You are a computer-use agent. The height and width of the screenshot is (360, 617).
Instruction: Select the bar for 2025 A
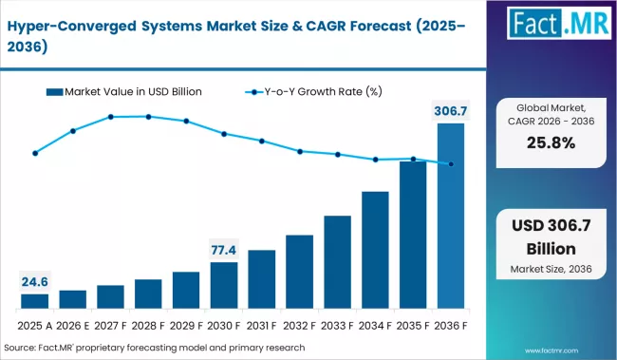(35, 301)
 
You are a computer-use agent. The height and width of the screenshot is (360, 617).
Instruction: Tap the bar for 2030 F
(224, 286)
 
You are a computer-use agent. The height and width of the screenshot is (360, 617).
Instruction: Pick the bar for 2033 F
(338, 262)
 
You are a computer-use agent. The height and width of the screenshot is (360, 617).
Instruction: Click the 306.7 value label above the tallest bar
(451, 111)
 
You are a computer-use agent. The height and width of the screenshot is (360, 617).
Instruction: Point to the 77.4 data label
(224, 250)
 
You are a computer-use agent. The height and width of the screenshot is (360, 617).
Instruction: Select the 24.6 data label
(35, 281)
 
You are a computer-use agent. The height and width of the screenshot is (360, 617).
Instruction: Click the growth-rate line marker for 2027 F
(111, 117)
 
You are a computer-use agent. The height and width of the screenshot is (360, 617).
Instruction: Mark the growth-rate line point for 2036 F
(451, 163)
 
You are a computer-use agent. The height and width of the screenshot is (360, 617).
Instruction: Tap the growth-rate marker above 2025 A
(35, 152)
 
